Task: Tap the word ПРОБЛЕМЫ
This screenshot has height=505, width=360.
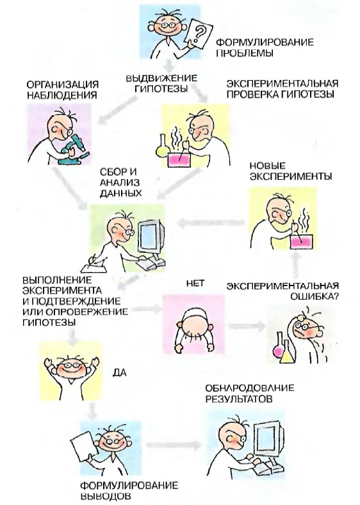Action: click(245, 53)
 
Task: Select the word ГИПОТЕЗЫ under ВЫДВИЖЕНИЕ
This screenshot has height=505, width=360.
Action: click(161, 88)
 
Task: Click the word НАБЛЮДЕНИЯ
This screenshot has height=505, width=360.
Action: click(62, 95)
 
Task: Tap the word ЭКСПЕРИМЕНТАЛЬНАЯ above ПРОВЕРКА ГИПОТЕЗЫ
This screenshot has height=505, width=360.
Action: click(282, 84)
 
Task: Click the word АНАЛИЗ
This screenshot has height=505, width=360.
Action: click(120, 182)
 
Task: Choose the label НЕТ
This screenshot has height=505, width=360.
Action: click(195, 284)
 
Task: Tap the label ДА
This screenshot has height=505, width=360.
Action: click(119, 373)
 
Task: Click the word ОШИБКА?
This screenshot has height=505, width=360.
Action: click(315, 296)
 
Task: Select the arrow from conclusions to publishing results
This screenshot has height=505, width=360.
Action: click(174, 445)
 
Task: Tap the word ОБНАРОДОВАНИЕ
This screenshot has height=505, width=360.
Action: click(249, 388)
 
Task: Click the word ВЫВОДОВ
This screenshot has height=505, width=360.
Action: click(105, 495)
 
